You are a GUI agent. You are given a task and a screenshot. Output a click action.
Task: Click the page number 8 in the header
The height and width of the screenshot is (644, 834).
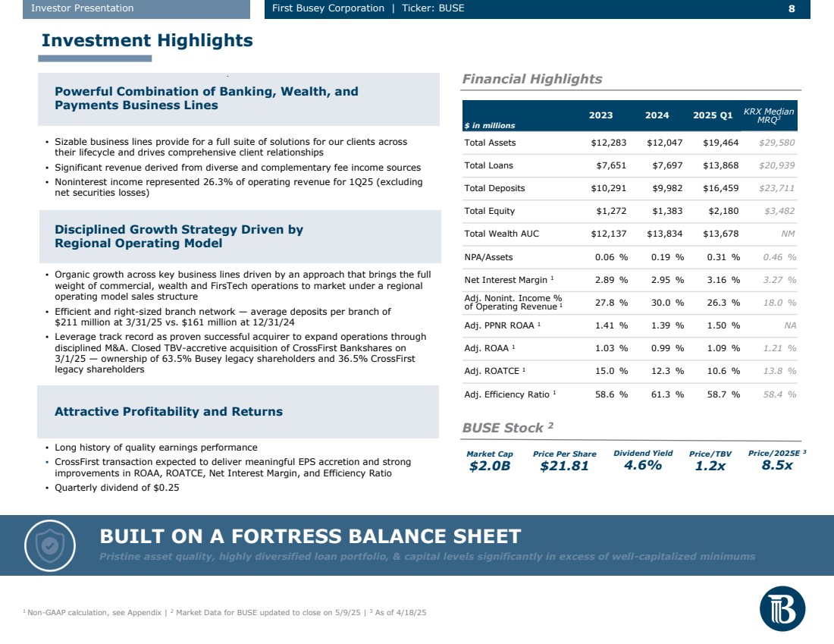[x=792, y=8]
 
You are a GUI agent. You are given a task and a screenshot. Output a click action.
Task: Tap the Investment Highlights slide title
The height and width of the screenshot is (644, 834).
[x=147, y=40]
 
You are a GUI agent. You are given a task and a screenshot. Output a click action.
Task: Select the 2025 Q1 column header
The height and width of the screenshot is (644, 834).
[x=713, y=115]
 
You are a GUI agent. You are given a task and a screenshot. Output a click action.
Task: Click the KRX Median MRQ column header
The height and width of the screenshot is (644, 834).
[x=769, y=115]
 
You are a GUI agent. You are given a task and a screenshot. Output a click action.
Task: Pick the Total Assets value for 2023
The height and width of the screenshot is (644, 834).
[x=610, y=143]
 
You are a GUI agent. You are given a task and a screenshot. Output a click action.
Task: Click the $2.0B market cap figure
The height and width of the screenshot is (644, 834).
[x=489, y=466]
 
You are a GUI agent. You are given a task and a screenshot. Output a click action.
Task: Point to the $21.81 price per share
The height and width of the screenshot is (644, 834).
[x=564, y=466]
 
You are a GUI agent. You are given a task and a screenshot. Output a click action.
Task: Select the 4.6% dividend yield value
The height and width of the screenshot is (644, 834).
[x=642, y=466]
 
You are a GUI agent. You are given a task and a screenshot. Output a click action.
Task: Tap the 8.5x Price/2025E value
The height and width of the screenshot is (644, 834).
[x=776, y=466]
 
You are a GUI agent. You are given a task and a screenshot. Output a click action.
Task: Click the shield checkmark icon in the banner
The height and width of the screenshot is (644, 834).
[x=49, y=545]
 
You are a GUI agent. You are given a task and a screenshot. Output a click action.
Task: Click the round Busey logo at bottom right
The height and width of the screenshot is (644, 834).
[x=782, y=608]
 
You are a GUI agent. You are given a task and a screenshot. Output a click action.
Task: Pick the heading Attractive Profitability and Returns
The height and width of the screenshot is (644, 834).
[x=168, y=411]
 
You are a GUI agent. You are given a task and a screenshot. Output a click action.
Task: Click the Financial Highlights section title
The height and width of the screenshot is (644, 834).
[x=531, y=79]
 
